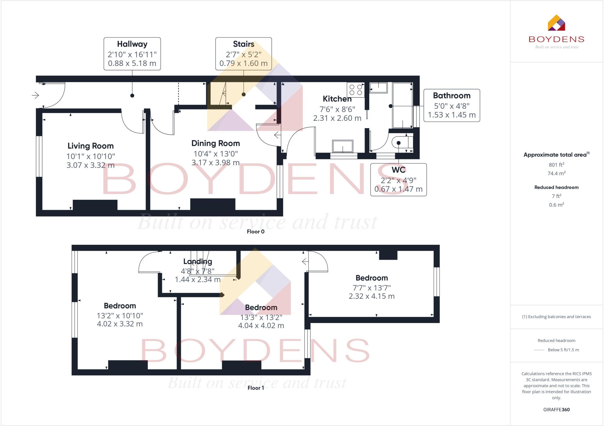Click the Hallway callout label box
pyautogui.click(x=132, y=54)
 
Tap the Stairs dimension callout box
pyautogui.click(x=243, y=54)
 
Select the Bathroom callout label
pyautogui.click(x=452, y=105)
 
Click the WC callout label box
pyautogui.click(x=398, y=179)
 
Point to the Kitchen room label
pyautogui.click(x=337, y=99)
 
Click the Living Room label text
pyautogui.click(x=91, y=146)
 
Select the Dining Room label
pyautogui.click(x=216, y=143)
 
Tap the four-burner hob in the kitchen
pyautogui.click(x=356, y=90)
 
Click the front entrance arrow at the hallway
pyautogui.click(x=35, y=95)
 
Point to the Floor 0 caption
pyautogui.click(x=255, y=232)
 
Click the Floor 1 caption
pyautogui.click(x=255, y=388)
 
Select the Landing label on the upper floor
pyautogui.click(x=198, y=262)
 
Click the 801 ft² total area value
pyautogui.click(x=556, y=165)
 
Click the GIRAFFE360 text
pyautogui.click(x=556, y=410)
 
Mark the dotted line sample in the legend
pyautogui.click(x=539, y=350)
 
